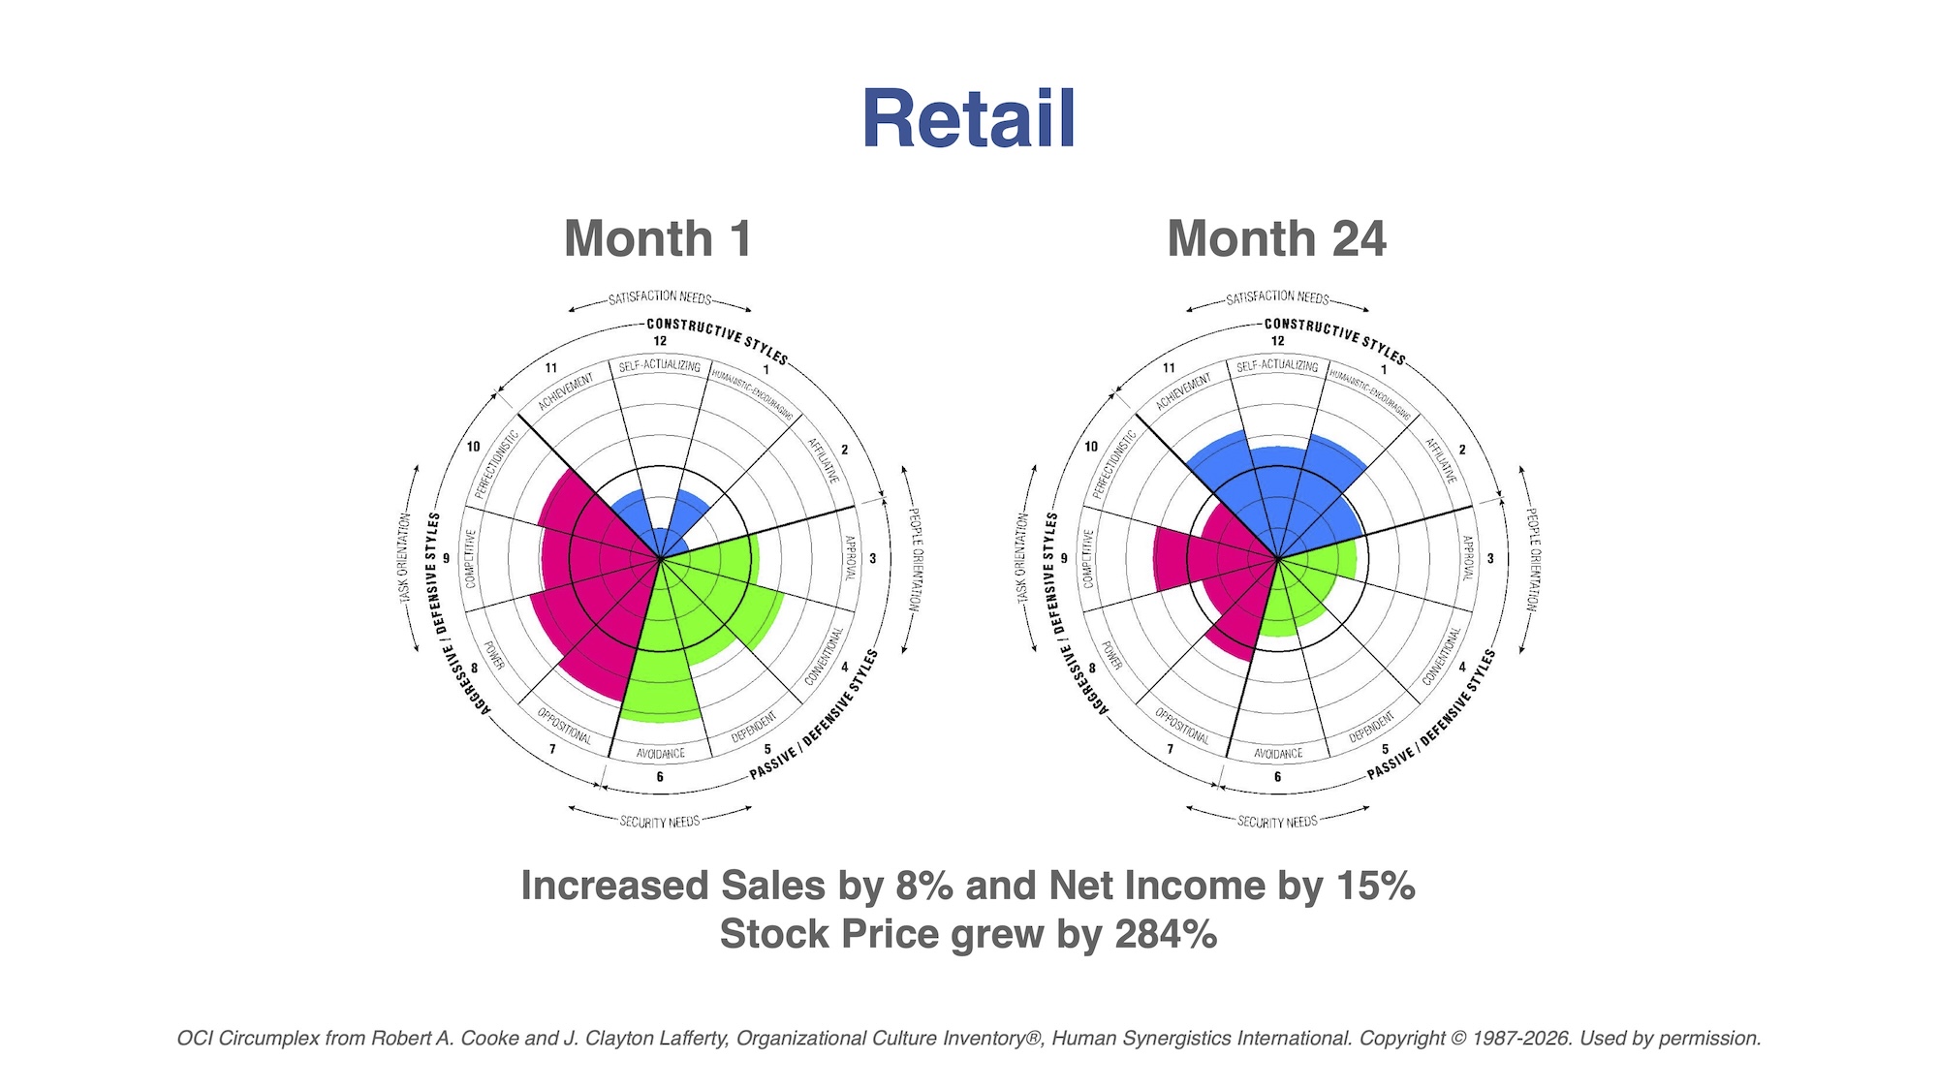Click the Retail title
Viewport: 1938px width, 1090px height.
click(968, 119)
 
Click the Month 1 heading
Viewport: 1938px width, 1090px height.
click(657, 238)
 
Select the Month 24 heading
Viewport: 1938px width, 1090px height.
click(1276, 238)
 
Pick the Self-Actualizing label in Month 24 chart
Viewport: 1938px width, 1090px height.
click(1277, 366)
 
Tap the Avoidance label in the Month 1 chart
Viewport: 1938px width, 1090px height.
click(661, 753)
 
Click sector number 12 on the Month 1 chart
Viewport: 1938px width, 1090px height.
click(660, 341)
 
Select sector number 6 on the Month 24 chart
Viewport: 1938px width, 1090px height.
click(1277, 777)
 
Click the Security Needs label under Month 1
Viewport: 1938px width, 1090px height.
click(660, 822)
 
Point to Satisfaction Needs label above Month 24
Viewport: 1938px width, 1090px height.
click(1277, 297)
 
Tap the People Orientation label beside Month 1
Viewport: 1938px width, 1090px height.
click(915, 560)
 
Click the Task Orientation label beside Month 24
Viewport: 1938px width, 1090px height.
click(1022, 560)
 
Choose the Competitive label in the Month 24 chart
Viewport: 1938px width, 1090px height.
click(1088, 558)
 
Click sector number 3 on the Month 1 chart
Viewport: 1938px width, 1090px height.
click(872, 559)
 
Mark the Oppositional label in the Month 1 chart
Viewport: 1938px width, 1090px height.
click(565, 726)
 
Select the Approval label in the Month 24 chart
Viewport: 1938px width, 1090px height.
click(1467, 558)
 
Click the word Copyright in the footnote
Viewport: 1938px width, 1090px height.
click(1401, 1039)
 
